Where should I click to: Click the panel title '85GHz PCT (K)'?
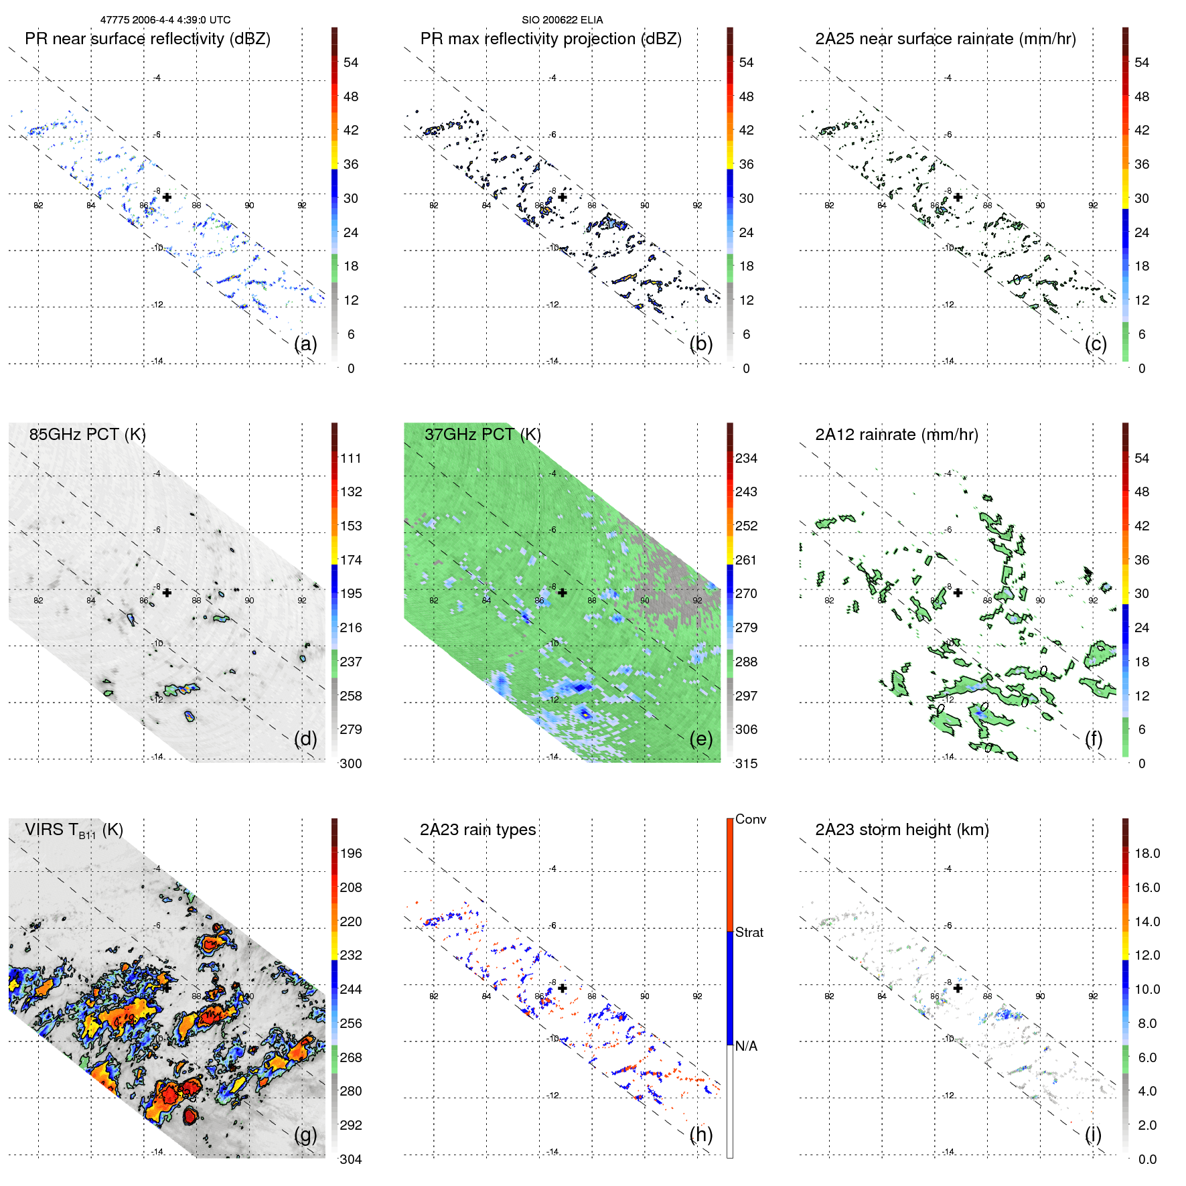click(87, 435)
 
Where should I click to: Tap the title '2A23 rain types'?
click(477, 830)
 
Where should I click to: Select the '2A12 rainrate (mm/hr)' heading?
click(896, 435)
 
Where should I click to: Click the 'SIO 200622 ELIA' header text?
click(562, 20)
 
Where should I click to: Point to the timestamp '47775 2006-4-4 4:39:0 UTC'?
click(165, 20)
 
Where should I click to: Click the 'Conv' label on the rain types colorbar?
click(750, 819)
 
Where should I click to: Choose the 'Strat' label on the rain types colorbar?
click(749, 932)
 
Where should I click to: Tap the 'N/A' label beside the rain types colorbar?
click(746, 1046)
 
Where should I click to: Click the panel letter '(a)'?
click(305, 344)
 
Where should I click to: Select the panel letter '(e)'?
click(701, 739)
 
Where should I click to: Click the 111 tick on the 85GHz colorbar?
click(351, 458)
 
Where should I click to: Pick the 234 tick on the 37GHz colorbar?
click(746, 458)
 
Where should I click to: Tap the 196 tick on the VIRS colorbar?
click(351, 853)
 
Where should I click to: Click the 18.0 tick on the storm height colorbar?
click(1147, 853)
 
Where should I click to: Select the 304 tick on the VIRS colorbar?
click(351, 1159)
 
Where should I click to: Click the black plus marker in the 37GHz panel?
click(563, 593)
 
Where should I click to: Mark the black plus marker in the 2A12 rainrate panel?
click(958, 593)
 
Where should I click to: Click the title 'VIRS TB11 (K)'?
click(74, 830)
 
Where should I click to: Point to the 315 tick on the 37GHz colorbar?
click(746, 763)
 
